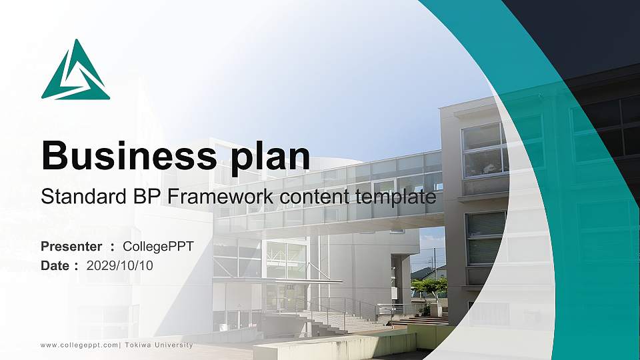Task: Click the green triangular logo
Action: (75, 71)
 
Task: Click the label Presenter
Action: (71, 247)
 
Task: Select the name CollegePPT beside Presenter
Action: (159, 247)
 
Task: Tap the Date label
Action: (56, 265)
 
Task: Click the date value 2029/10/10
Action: (120, 265)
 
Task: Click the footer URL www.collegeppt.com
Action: (79, 345)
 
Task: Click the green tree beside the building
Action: (429, 287)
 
